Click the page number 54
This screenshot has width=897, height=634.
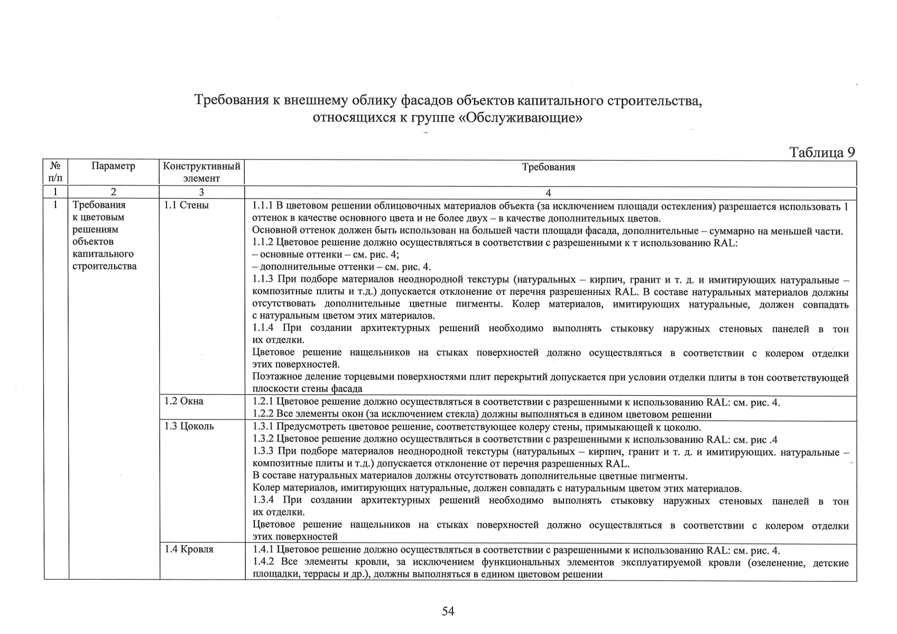click(x=448, y=611)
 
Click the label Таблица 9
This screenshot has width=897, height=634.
click(x=821, y=152)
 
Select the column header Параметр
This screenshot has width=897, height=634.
click(x=113, y=166)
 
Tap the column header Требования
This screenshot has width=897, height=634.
click(x=548, y=167)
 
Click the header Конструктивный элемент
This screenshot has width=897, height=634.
click(x=201, y=172)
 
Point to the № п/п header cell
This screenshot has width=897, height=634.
click(x=55, y=172)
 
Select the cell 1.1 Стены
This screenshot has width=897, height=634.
click(x=186, y=205)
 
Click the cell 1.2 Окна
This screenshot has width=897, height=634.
click(x=183, y=401)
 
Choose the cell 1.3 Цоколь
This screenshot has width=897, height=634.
click(x=189, y=426)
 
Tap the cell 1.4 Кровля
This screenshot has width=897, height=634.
click(x=189, y=549)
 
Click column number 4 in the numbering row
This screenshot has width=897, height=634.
click(x=548, y=193)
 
